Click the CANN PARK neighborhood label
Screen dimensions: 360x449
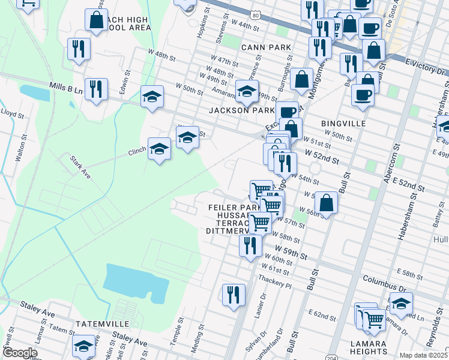click(266, 47)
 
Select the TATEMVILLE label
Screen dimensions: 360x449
click(99, 324)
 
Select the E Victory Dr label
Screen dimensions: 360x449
click(427, 67)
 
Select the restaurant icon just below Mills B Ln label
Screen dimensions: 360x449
click(96, 89)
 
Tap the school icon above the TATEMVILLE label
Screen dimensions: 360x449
click(83, 346)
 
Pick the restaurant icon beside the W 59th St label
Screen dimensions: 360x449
click(250, 245)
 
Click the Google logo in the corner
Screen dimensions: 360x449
click(20, 353)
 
